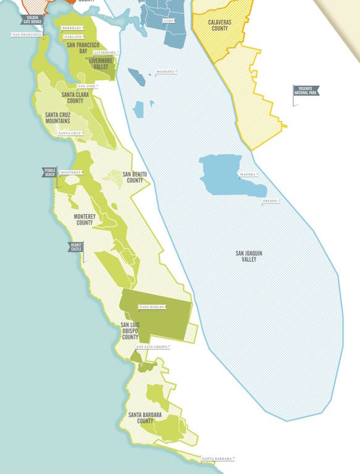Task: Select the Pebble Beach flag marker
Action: (49, 172)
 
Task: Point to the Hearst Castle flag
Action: (75, 247)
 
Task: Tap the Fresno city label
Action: (269, 202)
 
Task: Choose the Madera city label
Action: (248, 175)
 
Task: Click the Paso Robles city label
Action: (152, 306)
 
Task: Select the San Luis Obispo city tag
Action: (151, 347)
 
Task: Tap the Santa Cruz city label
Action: (69, 133)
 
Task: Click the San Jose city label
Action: (86, 86)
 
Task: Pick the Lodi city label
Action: (168, 21)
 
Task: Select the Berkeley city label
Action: (72, 28)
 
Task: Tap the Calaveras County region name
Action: (211, 25)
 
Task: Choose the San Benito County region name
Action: (135, 177)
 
